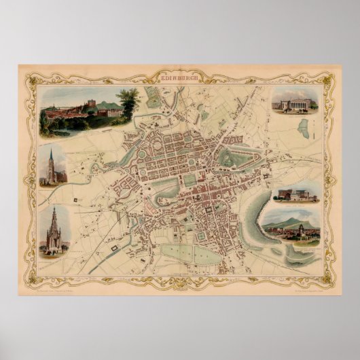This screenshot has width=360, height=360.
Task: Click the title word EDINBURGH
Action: click(x=180, y=79)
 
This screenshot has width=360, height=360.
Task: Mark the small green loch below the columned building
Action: click(x=304, y=128)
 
